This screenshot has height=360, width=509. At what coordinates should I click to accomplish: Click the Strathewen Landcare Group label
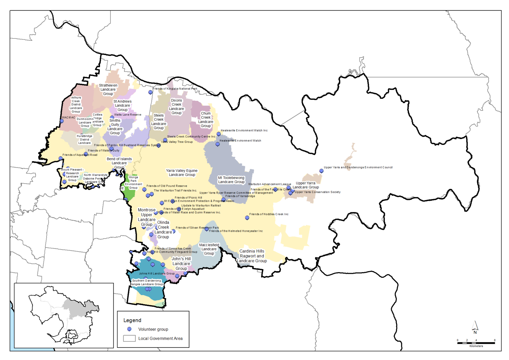[108, 90]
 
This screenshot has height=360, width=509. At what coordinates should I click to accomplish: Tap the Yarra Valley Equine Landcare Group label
[182, 173]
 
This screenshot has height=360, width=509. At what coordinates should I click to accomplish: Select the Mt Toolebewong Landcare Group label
[231, 180]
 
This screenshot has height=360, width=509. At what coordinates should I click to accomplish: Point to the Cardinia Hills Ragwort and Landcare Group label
[252, 256]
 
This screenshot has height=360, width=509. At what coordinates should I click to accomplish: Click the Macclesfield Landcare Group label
[209, 249]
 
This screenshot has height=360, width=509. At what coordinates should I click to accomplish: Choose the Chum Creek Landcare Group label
[205, 120]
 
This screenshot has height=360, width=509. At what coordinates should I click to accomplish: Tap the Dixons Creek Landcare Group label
[176, 106]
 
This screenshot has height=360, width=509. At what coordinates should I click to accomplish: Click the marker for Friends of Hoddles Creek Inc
[247, 218]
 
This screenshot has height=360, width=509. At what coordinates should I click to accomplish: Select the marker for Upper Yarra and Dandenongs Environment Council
[321, 171]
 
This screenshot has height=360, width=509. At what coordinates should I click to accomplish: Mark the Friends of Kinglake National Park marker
[150, 92]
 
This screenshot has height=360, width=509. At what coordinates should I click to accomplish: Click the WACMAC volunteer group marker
[62, 121]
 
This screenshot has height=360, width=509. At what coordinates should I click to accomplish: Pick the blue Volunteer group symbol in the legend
[129, 329]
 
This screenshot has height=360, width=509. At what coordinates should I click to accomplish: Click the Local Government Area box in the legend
[129, 338]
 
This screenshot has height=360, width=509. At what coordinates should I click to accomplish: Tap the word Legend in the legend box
[132, 320]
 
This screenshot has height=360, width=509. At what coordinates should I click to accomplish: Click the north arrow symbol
[475, 327]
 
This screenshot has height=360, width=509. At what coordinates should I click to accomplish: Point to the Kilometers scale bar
[476, 343]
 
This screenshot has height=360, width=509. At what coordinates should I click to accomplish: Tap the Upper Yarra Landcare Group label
[306, 185]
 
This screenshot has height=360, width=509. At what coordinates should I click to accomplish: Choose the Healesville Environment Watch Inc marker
[219, 134]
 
